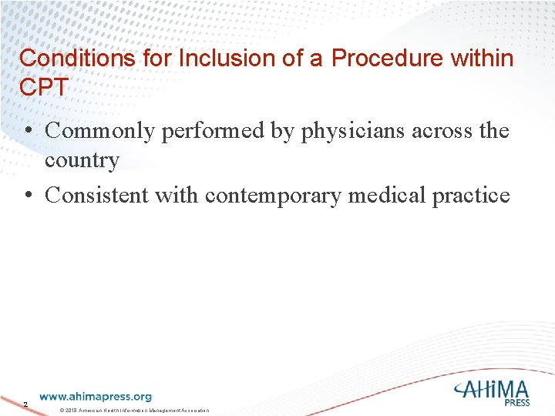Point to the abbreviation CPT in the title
tap(43, 86)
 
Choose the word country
tap(82, 160)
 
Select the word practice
tap(472, 195)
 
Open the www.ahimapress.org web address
tap(96, 397)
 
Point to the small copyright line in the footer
tap(134, 408)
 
